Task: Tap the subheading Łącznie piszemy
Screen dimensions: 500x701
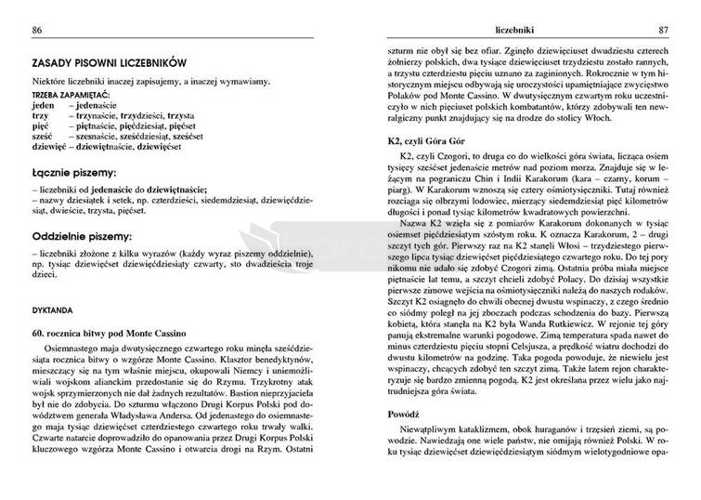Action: pyautogui.click(x=73, y=173)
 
